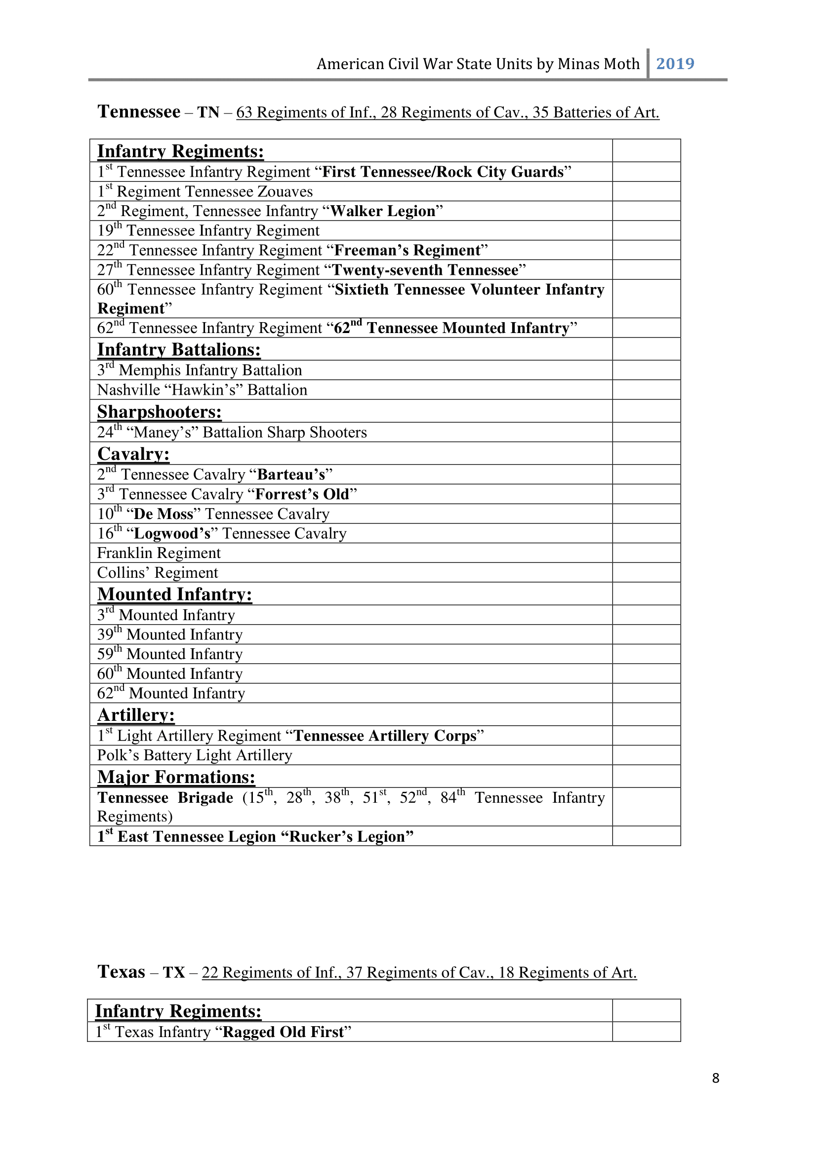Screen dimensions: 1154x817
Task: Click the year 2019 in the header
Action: tap(675, 64)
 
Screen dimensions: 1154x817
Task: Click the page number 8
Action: tap(715, 1078)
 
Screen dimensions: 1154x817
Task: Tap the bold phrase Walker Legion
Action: tap(382, 211)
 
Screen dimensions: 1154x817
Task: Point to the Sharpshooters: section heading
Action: tap(159, 411)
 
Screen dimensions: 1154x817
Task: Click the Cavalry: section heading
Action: tap(133, 454)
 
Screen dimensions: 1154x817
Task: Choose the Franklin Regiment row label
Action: tap(159, 553)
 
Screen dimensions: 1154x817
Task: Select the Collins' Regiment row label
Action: tap(158, 572)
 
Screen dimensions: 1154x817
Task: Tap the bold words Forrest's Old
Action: tap(302, 494)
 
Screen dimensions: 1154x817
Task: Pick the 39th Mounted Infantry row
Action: tap(169, 634)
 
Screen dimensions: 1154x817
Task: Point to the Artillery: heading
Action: tap(136, 715)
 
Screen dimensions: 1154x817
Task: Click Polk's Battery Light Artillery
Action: tap(194, 755)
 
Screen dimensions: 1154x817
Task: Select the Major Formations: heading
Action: tap(176, 777)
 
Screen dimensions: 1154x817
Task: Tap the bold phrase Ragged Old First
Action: tap(283, 1032)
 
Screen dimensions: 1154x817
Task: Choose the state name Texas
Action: tap(121, 971)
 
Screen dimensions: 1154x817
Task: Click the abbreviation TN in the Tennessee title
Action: tap(208, 112)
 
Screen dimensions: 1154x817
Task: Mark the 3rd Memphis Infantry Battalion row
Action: tap(199, 370)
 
